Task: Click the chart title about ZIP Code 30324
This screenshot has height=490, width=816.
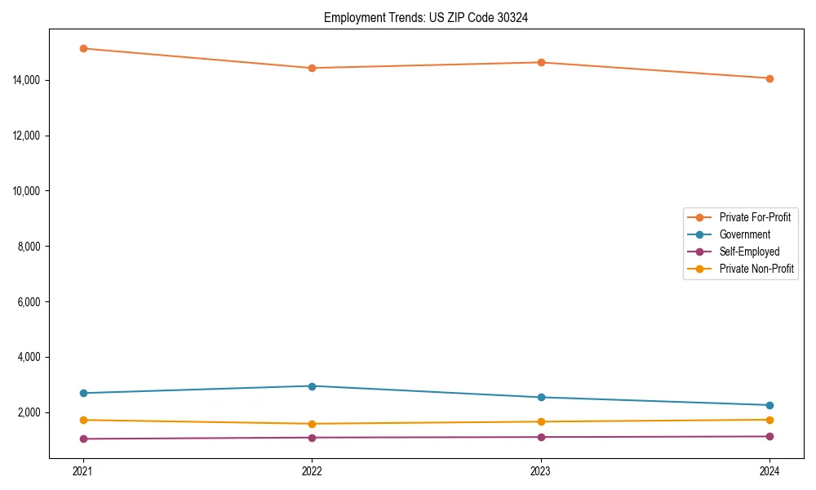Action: click(425, 18)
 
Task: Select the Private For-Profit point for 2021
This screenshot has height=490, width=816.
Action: click(83, 48)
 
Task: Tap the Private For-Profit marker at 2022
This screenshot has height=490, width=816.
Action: click(312, 68)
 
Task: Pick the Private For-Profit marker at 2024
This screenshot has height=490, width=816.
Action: click(769, 78)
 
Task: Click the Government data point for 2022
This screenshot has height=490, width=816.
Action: click(312, 385)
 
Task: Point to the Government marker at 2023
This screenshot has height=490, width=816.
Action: click(541, 397)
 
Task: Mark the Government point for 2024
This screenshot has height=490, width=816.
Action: click(769, 405)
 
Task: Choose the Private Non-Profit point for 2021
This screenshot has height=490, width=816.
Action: click(83, 420)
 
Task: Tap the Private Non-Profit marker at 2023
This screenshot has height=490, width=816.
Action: click(541, 421)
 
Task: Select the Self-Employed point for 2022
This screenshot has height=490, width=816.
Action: click(312, 438)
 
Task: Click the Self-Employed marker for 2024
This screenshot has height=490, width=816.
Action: click(769, 436)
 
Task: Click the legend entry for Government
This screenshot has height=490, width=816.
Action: click(744, 234)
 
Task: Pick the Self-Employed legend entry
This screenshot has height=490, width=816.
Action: click(749, 252)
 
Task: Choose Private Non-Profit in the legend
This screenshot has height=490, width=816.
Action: click(756, 269)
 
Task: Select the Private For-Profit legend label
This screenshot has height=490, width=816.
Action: click(755, 217)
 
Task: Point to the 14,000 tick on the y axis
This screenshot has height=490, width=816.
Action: click(32, 80)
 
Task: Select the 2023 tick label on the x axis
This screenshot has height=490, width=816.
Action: click(541, 471)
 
